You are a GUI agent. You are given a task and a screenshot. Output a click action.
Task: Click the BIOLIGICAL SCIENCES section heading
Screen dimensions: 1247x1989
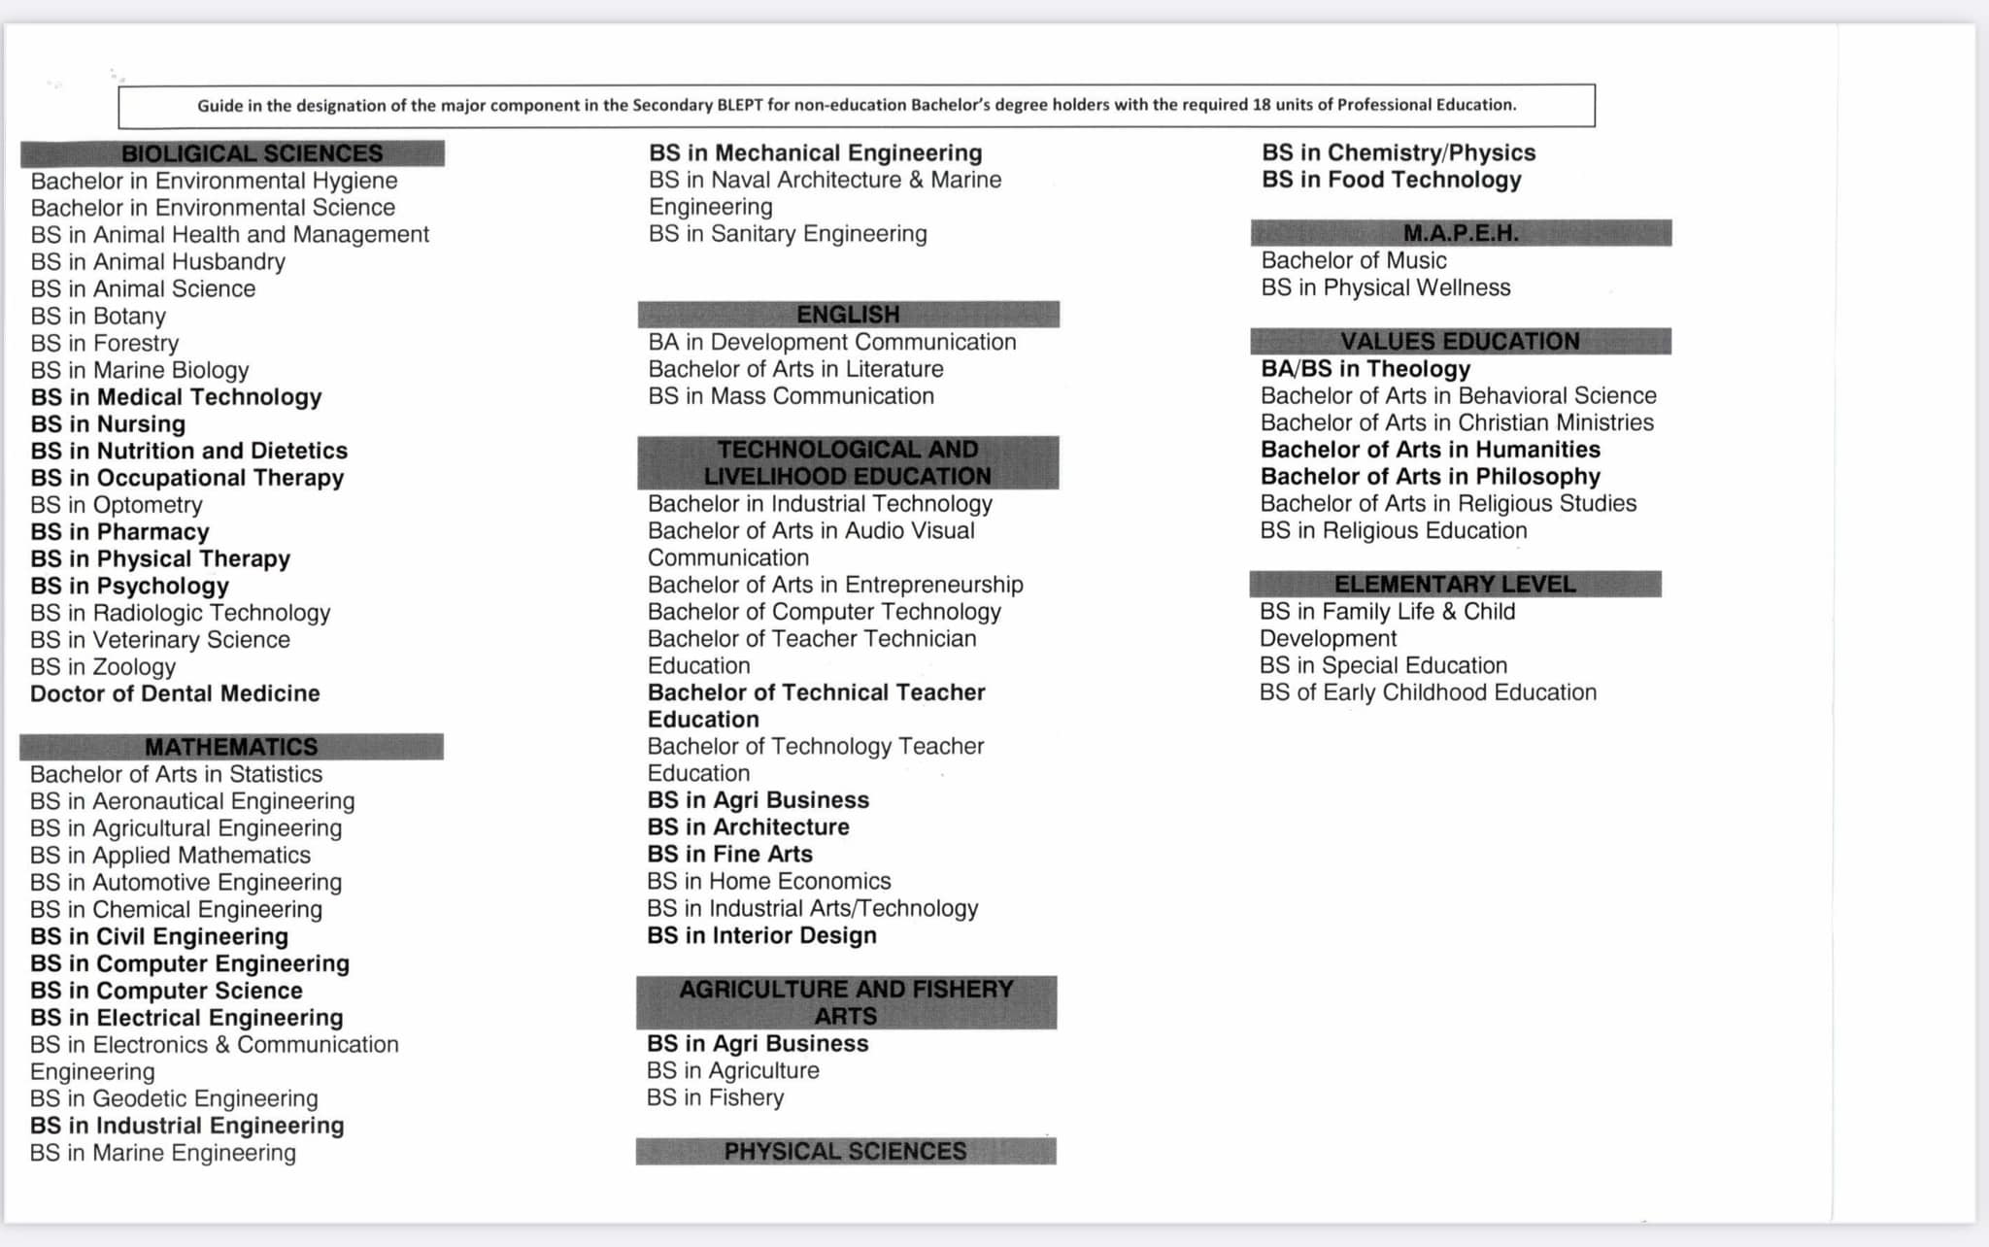[x=252, y=153]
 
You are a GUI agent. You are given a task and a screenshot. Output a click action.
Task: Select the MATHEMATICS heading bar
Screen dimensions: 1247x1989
[x=231, y=747]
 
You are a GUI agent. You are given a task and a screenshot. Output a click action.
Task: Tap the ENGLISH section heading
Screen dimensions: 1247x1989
[x=848, y=315]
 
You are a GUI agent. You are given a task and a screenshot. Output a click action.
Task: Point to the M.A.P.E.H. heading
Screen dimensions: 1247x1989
[x=1461, y=233]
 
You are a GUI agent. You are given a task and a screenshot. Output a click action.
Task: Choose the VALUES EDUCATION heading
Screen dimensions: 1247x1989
[x=1460, y=342]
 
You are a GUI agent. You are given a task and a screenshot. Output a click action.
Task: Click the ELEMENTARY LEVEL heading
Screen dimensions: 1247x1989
[x=1455, y=584]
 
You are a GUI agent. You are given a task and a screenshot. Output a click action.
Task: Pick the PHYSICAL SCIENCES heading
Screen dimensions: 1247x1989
[x=845, y=1152]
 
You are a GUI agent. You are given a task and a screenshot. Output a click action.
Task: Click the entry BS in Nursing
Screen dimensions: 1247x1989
[x=108, y=424]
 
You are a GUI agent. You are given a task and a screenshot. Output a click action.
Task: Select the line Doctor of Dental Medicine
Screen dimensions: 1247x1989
[x=175, y=693]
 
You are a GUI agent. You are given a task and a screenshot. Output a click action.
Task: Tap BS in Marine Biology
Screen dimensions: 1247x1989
[x=140, y=370]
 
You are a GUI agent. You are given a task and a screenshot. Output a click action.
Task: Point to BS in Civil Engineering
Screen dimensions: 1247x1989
[x=159, y=936]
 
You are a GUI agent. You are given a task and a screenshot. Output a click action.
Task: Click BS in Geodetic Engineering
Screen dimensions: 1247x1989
[x=174, y=1098]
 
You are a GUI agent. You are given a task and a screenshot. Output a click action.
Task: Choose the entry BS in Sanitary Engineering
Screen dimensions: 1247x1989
[x=788, y=234]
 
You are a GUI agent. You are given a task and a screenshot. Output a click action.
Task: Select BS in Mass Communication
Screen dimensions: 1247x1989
[x=791, y=396]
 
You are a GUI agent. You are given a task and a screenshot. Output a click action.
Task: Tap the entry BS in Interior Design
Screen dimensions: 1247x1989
[x=761, y=935]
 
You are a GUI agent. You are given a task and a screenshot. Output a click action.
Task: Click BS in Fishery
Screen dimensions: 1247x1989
[x=715, y=1097]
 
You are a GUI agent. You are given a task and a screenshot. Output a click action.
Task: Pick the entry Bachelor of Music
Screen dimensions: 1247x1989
[x=1353, y=260]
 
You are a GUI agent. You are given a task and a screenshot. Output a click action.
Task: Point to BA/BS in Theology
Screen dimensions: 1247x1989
[x=1365, y=369]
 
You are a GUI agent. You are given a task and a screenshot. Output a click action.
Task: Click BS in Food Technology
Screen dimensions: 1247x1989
[x=1391, y=180]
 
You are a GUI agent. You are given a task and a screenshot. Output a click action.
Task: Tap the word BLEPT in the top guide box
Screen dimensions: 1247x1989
[x=740, y=105]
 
